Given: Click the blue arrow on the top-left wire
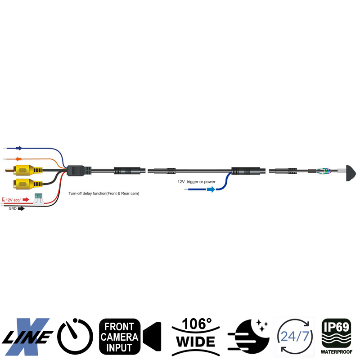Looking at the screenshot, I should pyautogui.click(x=18, y=147).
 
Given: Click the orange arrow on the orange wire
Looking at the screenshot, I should pyautogui.click(x=19, y=159).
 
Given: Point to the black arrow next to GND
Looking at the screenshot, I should pyautogui.click(x=21, y=209).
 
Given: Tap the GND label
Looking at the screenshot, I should pyautogui.click(x=12, y=209).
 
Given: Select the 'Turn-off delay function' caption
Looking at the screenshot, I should pyautogui.click(x=103, y=193).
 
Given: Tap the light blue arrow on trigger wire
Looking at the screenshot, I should pyautogui.click(x=210, y=189).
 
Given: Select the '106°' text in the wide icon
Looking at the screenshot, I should pyautogui.click(x=196, y=324).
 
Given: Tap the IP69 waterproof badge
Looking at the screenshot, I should pyautogui.click(x=336, y=335).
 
